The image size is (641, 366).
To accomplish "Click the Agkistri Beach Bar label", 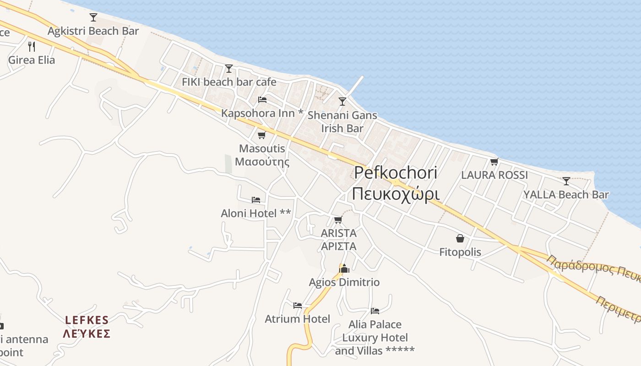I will [93, 31].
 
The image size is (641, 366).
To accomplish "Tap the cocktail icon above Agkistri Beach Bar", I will [93, 17].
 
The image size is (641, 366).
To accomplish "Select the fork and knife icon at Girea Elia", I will [32, 46].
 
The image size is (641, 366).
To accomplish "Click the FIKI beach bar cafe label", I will [229, 82].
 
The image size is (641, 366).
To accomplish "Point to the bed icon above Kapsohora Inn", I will [262, 99].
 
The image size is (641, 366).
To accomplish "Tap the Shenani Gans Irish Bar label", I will [342, 122].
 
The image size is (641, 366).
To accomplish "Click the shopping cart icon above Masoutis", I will [261, 135].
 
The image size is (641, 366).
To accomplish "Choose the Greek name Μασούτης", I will [262, 161].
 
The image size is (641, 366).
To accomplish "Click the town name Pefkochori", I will [396, 172].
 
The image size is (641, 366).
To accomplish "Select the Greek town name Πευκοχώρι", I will [396, 194].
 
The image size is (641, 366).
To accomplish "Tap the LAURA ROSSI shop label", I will [494, 175].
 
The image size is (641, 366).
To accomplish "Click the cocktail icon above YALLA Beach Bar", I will [566, 181].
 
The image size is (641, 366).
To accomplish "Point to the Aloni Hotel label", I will [255, 213].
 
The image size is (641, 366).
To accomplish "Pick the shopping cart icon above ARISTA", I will [338, 220].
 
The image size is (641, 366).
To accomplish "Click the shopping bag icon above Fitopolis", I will [460, 238].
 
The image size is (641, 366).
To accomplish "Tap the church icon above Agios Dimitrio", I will [344, 269].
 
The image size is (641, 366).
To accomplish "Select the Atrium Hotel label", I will [297, 319].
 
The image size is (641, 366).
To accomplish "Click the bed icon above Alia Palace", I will [375, 311].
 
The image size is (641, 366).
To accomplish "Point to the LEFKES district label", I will [87, 320].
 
